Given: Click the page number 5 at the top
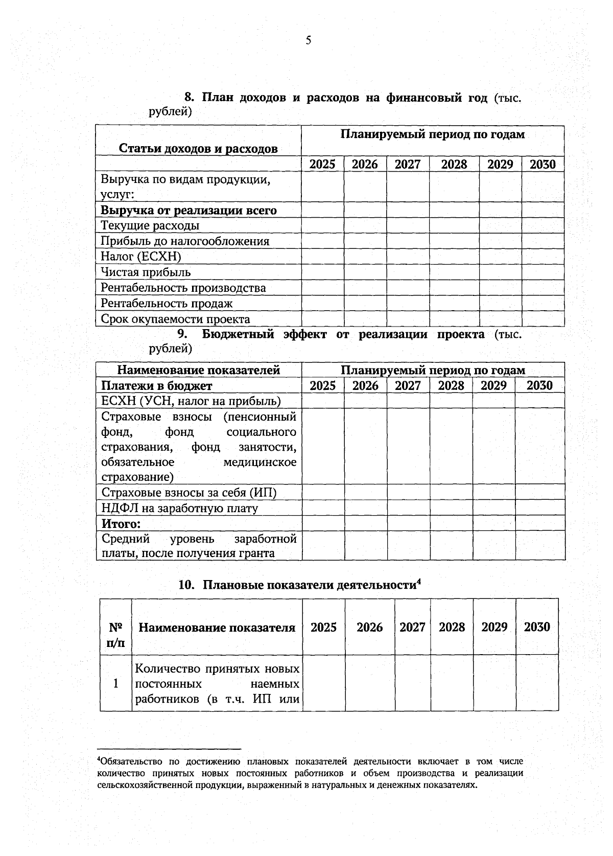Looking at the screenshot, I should coord(308,41).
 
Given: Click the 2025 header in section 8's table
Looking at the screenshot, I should coord(322,164).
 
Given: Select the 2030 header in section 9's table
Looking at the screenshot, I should coord(539,385).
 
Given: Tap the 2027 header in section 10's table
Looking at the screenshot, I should coord(412,627).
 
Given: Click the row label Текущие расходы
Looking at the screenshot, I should coord(150,225).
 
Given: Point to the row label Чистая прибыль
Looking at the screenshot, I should coord(146,272).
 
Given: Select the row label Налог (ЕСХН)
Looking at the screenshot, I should coord(141,257).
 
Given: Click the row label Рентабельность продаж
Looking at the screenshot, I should coord(167,304).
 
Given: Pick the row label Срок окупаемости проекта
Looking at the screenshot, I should coord(175,319).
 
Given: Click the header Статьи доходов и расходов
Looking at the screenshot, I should coord(198,149).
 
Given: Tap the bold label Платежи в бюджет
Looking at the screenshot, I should coord(156,385).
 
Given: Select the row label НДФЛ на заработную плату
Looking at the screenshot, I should coord(179,508).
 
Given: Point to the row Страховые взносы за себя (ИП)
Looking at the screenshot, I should coord(188,493).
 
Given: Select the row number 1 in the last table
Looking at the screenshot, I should coord(115,683).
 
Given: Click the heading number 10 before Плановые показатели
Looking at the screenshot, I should coord(186,585).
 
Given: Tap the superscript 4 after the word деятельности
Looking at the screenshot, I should coord(418,581).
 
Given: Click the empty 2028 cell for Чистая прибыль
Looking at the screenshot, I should coord(454,272).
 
